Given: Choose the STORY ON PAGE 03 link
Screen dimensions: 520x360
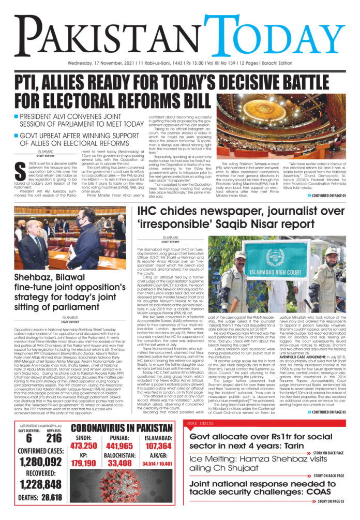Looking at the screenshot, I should point(331,502).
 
